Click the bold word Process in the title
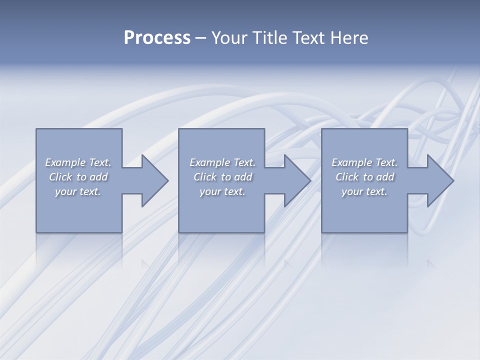(157, 38)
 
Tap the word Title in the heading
(269, 38)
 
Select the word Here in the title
(349, 38)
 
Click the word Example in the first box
(65, 162)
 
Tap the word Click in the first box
(60, 177)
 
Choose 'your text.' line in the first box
(78, 191)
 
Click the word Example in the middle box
(209, 162)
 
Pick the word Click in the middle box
(205, 177)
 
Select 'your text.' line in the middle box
(222, 191)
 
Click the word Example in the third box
(351, 162)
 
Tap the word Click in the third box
(347, 177)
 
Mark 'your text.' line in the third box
(364, 191)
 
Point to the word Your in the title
(229, 38)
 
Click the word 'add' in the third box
(385, 177)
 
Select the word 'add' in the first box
(98, 177)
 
